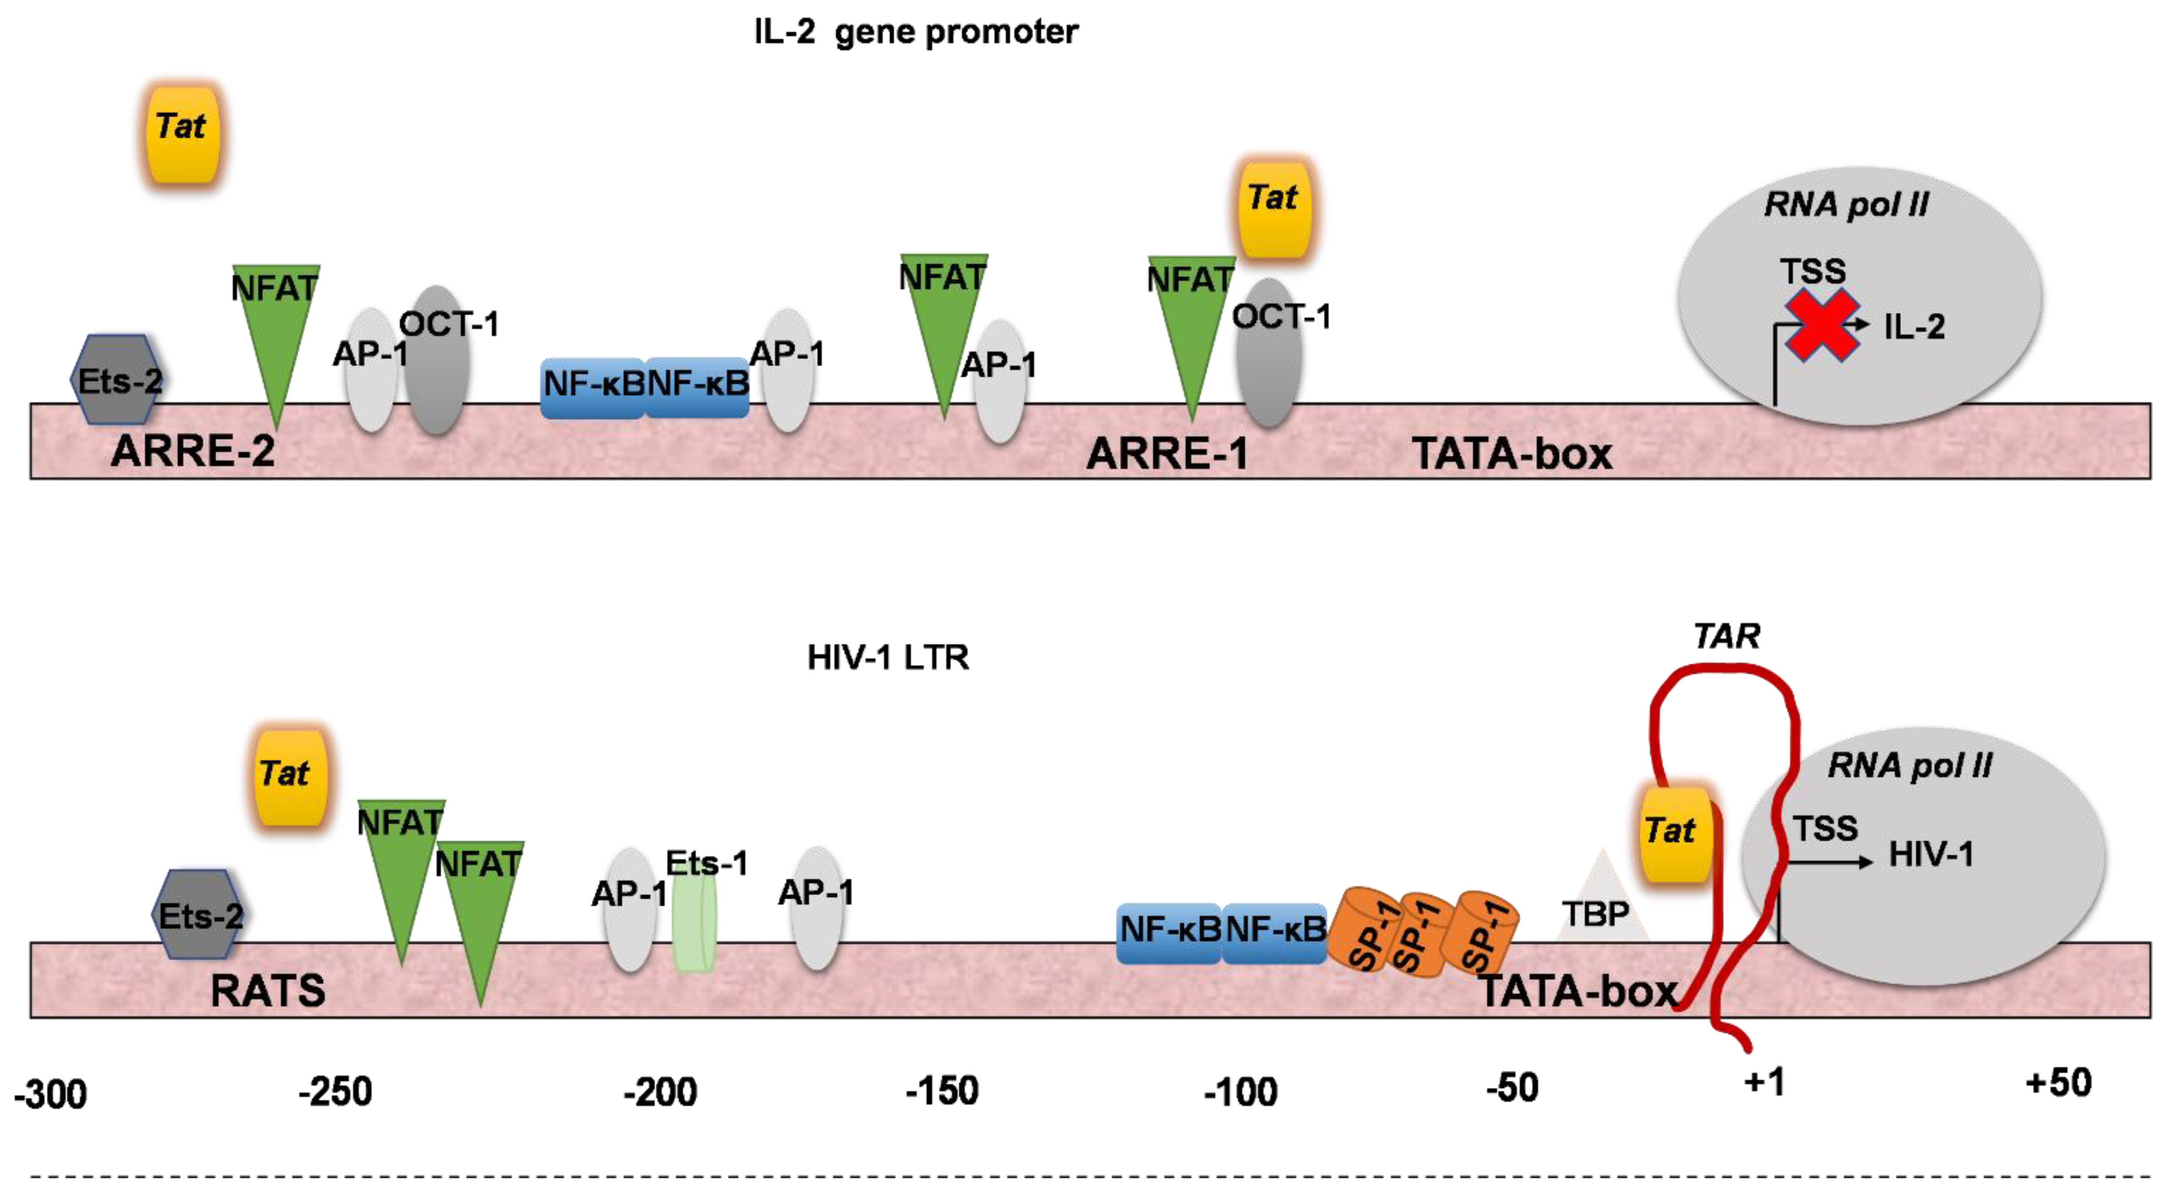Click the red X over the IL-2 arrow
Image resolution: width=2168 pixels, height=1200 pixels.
pyautogui.click(x=1822, y=325)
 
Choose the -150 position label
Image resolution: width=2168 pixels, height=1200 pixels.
pyautogui.click(x=942, y=1091)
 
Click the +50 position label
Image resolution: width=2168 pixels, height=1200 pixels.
pyautogui.click(x=2058, y=1082)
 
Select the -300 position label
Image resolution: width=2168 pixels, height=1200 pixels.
pyautogui.click(x=51, y=1095)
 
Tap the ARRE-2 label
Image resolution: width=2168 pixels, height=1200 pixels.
pyautogui.click(x=193, y=451)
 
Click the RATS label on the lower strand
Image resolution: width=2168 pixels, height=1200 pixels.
pyautogui.click(x=268, y=991)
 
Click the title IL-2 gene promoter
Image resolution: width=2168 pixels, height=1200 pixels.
pyautogui.click(x=916, y=32)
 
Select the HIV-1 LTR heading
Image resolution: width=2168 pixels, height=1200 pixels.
pyautogui.click(x=888, y=657)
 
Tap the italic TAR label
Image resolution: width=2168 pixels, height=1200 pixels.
pyautogui.click(x=1726, y=636)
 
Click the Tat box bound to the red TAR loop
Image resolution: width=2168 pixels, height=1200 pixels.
pyautogui.click(x=1673, y=833)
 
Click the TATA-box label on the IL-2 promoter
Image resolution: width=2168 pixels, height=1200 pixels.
pyautogui.click(x=1512, y=455)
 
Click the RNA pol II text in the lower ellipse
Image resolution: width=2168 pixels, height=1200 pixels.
pyautogui.click(x=1909, y=766)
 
